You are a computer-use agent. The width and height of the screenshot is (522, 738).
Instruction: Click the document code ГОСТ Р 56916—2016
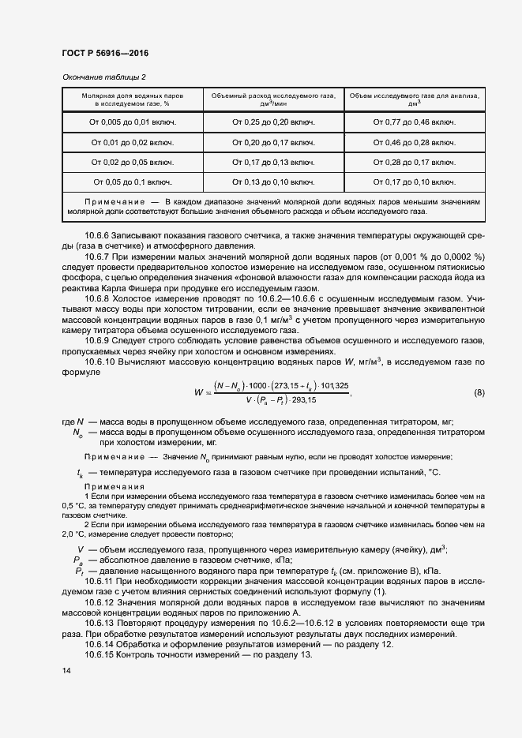click(105, 53)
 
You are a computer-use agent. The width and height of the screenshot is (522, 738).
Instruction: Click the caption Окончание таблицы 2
click(104, 77)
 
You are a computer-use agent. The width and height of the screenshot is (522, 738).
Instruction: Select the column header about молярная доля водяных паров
click(132, 98)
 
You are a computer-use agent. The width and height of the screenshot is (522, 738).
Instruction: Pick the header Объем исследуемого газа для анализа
click(414, 98)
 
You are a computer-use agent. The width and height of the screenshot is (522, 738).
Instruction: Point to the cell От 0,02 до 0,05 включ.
click(132, 162)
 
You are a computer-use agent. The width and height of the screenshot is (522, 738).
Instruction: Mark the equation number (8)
click(479, 392)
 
